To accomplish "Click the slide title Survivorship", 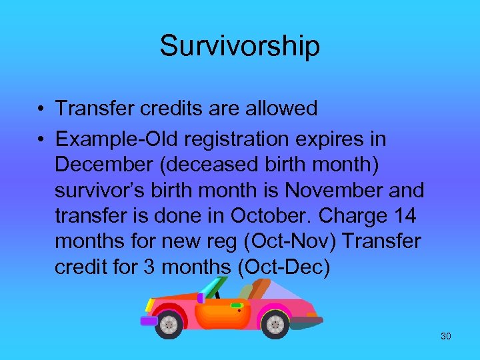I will pos(239,46).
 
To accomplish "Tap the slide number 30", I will pos(445,336).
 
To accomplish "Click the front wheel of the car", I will pos(169,325).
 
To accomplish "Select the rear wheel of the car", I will pos(275,324).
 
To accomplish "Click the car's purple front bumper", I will pos(148,321).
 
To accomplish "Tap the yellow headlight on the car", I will pos(151,306).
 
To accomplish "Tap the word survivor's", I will pos(100,190).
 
